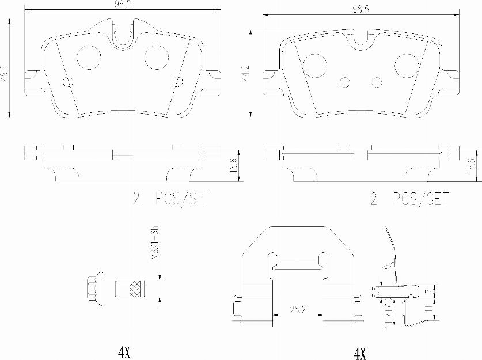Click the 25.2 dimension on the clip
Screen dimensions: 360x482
[x=298, y=310]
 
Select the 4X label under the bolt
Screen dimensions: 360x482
[x=124, y=352]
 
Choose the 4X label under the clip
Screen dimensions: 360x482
[x=359, y=352]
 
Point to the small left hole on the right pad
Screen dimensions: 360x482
[x=345, y=82]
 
